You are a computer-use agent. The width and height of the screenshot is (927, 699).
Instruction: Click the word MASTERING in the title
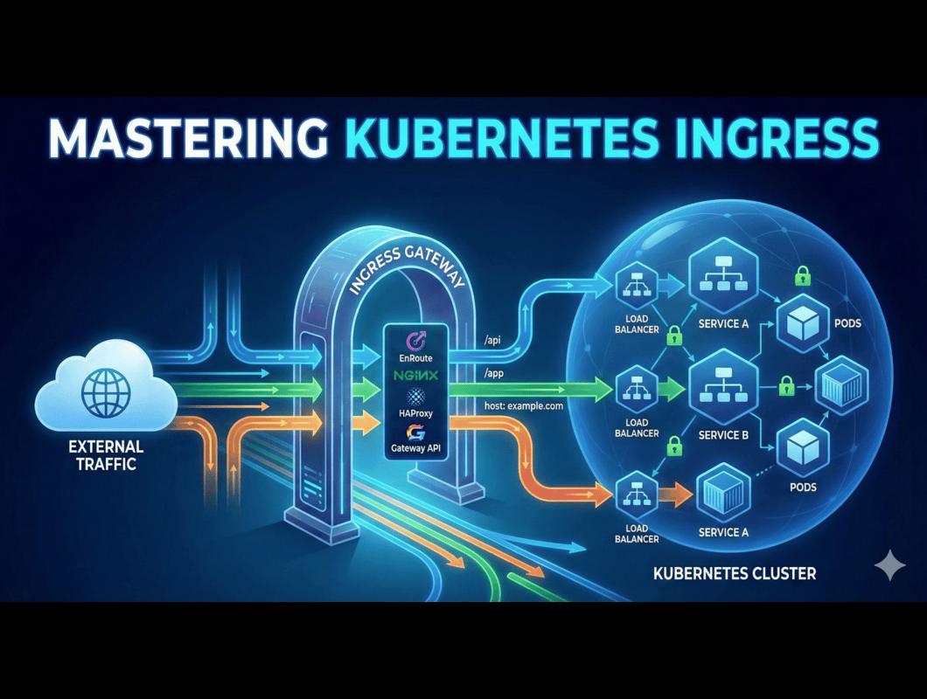pyautogui.click(x=185, y=140)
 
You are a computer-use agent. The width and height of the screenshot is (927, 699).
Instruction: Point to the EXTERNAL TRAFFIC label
pyautogui.click(x=105, y=455)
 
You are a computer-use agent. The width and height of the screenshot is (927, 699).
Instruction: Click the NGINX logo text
pyautogui.click(x=416, y=374)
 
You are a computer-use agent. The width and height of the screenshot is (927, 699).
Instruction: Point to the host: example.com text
pyautogui.click(x=523, y=406)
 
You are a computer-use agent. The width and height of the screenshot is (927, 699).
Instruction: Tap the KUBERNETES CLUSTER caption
pyautogui.click(x=735, y=574)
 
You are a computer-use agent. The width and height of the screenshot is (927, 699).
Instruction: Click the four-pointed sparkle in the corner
pyautogui.click(x=890, y=566)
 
